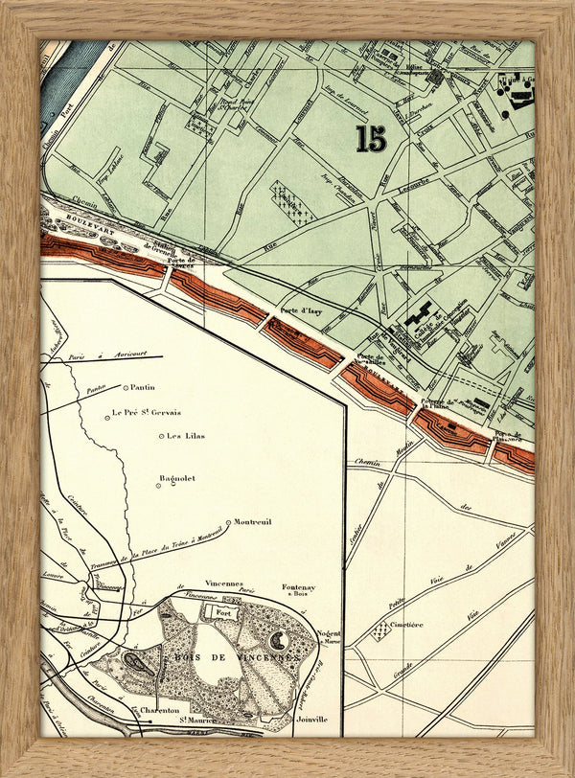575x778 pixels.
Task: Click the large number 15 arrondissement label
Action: (371, 138)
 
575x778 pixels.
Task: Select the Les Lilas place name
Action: (186, 436)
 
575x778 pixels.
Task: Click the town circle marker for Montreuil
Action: (228, 522)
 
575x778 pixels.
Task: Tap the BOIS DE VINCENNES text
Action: (236, 658)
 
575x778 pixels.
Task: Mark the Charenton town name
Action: (160, 711)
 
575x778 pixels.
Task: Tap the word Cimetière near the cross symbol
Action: (406, 625)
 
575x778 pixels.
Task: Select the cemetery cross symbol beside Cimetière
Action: (384, 629)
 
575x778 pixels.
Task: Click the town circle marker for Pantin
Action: (126, 388)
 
